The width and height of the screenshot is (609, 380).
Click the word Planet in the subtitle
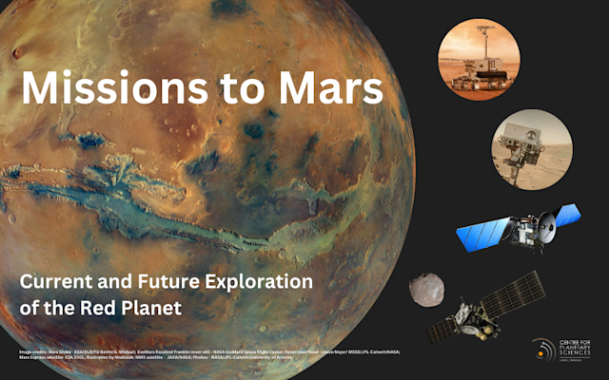[153, 309]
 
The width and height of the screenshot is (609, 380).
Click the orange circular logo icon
[543, 350]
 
